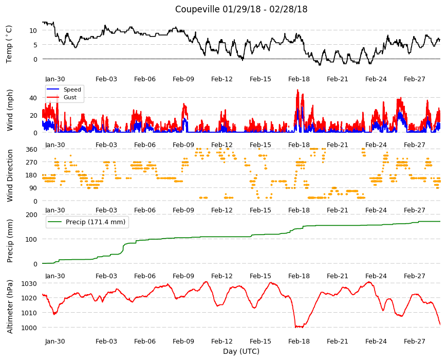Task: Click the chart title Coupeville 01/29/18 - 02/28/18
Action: (241, 9)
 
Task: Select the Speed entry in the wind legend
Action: (72, 89)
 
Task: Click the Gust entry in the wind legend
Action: (70, 97)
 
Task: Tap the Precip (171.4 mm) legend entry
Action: (96, 222)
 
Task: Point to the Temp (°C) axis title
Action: (9, 44)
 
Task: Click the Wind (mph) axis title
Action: (10, 110)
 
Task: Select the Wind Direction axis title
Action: (10, 175)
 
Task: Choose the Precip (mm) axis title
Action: (10, 241)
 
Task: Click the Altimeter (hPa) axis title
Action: (10, 307)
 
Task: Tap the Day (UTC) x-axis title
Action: (241, 351)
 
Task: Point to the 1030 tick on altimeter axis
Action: (29, 283)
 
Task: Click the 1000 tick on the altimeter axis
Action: (29, 328)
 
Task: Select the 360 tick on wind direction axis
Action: (31, 149)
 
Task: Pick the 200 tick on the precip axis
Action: (31, 214)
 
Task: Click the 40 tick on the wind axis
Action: (33, 98)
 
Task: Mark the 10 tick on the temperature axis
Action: (33, 30)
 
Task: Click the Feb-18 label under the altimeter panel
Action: (299, 341)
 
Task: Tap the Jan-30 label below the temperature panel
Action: (55, 79)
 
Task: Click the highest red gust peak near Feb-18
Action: (297, 90)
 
